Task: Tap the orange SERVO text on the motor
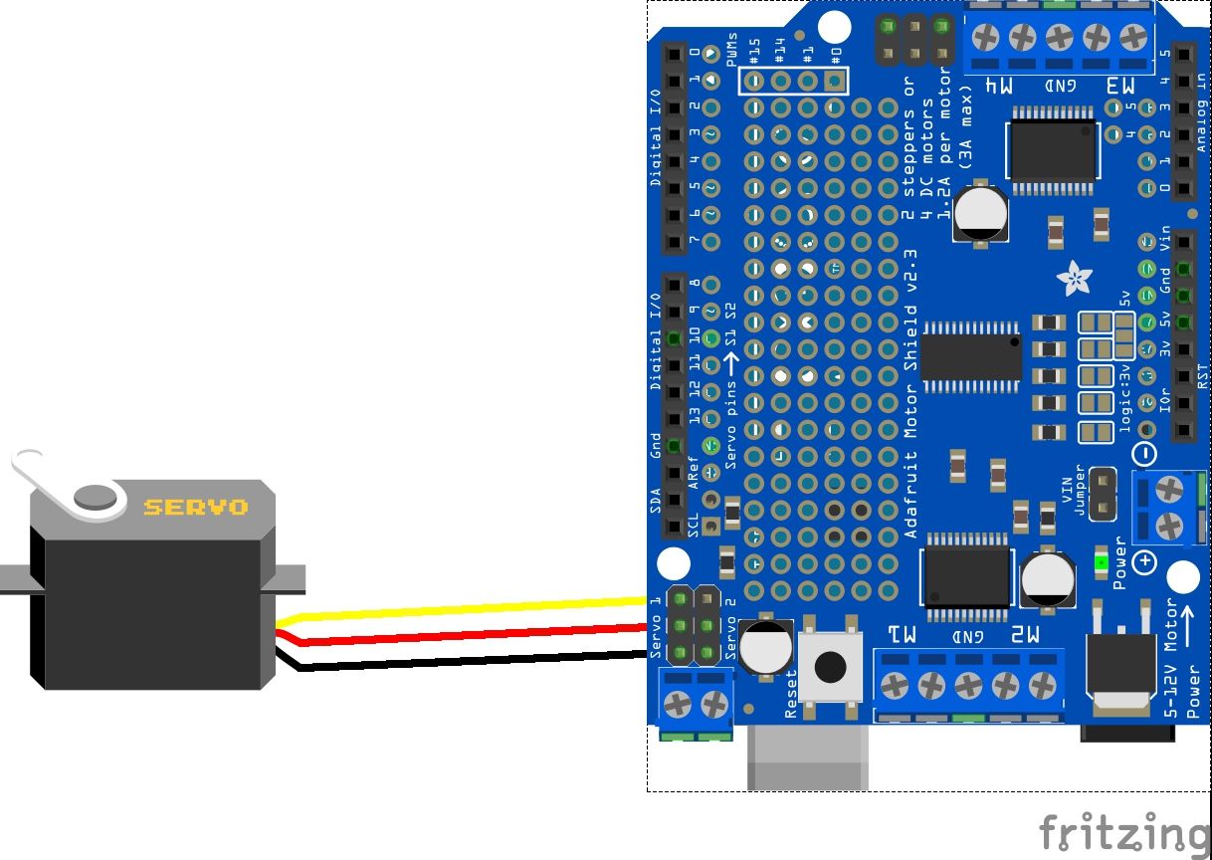tap(196, 508)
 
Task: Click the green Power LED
tap(1101, 562)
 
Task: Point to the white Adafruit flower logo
tap(1075, 278)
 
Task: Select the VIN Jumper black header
tap(1102, 494)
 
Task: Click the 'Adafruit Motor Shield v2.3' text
tap(911, 393)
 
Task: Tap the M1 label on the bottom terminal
tap(903, 635)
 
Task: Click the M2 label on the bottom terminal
tap(1025, 635)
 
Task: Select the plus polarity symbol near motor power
tap(1145, 563)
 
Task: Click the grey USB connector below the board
tap(807, 756)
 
